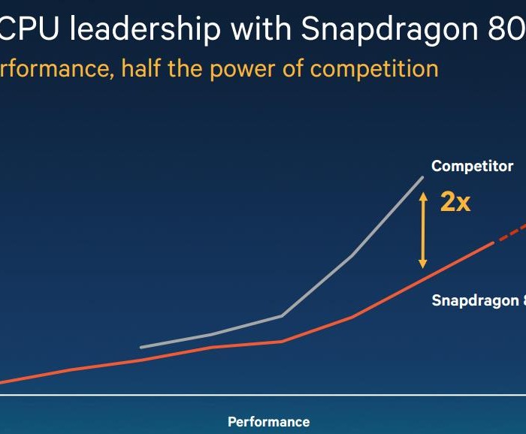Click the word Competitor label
click(472, 166)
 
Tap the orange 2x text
click(455, 202)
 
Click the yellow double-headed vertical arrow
click(423, 229)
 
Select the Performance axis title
click(268, 421)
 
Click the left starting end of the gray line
click(141, 347)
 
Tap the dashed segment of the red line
click(509, 234)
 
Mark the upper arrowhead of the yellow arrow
click(423, 195)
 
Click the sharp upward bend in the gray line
click(282, 316)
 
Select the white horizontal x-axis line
click(263, 394)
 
